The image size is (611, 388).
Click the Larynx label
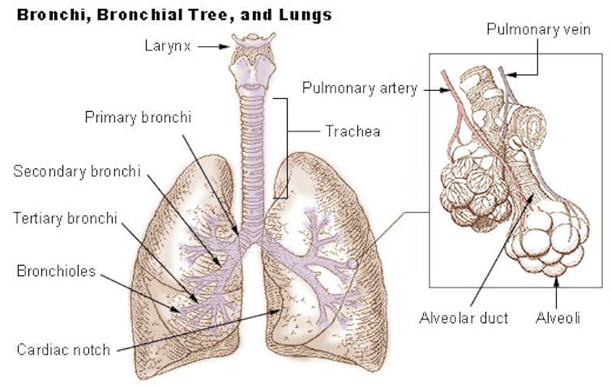(x=168, y=46)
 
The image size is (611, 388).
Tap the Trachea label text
(x=352, y=131)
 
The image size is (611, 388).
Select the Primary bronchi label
(x=138, y=117)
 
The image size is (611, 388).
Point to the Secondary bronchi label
(x=77, y=172)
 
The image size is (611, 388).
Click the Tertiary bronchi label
(x=65, y=218)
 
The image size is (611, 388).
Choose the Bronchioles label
(x=56, y=271)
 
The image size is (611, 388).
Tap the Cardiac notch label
(x=63, y=349)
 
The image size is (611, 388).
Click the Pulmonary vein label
(x=539, y=30)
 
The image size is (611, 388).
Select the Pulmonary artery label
(x=360, y=88)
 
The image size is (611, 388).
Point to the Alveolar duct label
(x=464, y=318)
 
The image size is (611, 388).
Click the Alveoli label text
(x=558, y=318)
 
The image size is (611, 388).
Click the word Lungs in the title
(x=305, y=15)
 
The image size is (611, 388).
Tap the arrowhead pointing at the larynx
(x=224, y=47)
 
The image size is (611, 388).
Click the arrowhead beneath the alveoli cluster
(x=556, y=280)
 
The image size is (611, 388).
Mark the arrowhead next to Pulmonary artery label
(x=446, y=91)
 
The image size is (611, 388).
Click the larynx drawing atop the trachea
(x=253, y=62)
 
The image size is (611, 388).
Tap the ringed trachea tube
(x=252, y=164)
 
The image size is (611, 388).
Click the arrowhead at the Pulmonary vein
(x=511, y=75)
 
